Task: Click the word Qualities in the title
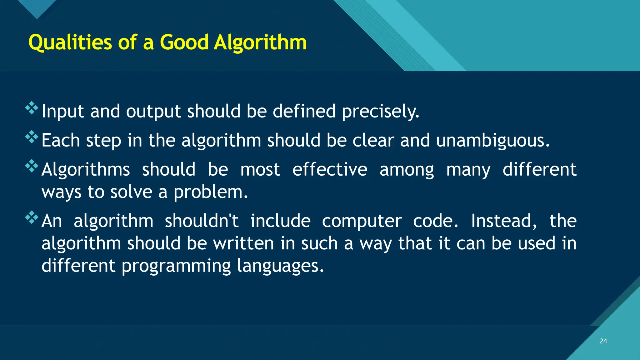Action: click(70, 42)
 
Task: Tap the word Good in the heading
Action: click(184, 42)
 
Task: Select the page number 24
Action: click(603, 341)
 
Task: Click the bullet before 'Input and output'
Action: click(32, 108)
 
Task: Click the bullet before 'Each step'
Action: click(32, 137)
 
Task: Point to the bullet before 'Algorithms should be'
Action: click(32, 166)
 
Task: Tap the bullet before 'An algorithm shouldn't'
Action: click(32, 217)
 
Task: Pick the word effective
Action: click(330, 169)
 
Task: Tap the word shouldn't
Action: click(202, 221)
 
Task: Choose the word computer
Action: click(362, 221)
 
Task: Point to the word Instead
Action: click(504, 221)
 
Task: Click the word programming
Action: click(176, 266)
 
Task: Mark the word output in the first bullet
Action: click(153, 112)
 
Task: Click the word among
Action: click(407, 170)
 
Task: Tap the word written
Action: click(243, 243)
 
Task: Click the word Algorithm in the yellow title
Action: click(260, 42)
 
